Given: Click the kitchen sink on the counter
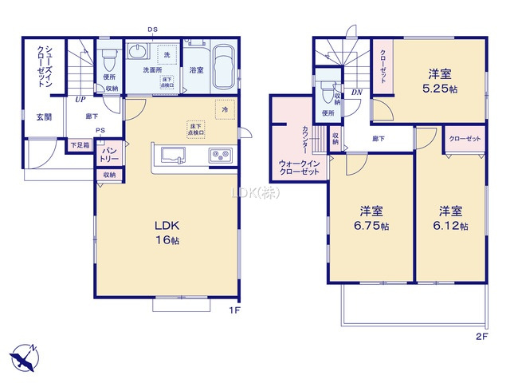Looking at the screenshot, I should click(173, 155).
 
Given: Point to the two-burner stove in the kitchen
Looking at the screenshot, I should click(219, 155).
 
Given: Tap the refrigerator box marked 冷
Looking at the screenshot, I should click(226, 109).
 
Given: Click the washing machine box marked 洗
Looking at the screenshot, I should click(167, 56).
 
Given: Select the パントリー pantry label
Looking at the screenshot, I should click(109, 155).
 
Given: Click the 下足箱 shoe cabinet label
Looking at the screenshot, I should click(80, 145).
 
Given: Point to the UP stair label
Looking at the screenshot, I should click(80, 101).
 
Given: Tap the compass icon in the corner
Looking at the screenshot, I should click(24, 357).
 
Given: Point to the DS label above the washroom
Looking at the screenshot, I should click(151, 31).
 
